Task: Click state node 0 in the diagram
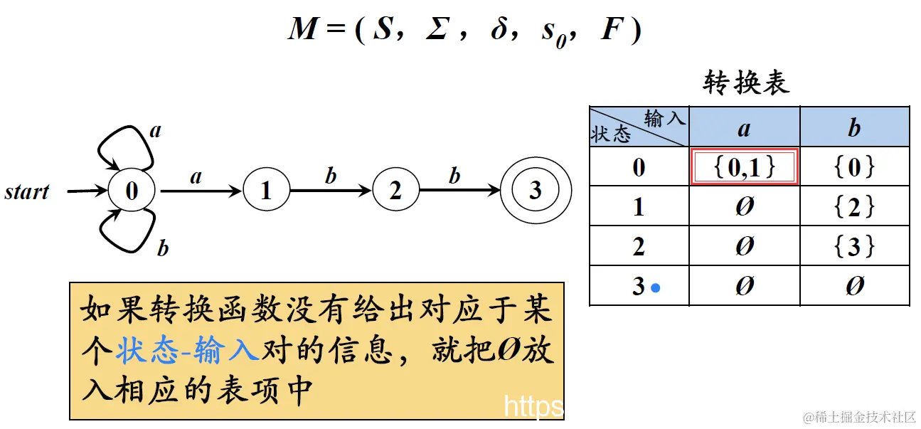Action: point(132,191)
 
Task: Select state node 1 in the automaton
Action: point(266,191)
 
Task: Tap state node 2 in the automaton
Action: point(395,191)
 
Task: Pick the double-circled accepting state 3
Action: point(535,190)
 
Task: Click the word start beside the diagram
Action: point(27,192)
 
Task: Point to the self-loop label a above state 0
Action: point(156,130)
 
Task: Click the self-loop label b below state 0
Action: point(163,248)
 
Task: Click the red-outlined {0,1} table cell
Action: point(744,167)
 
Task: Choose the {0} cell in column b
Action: point(854,167)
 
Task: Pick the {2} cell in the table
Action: point(854,207)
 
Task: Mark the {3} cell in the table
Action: point(854,247)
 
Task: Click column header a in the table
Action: point(744,128)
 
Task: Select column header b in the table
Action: point(854,128)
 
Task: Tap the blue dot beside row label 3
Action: point(656,288)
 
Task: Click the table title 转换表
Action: point(746,83)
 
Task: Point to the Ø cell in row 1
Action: point(744,207)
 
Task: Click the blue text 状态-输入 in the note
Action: point(188,350)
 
